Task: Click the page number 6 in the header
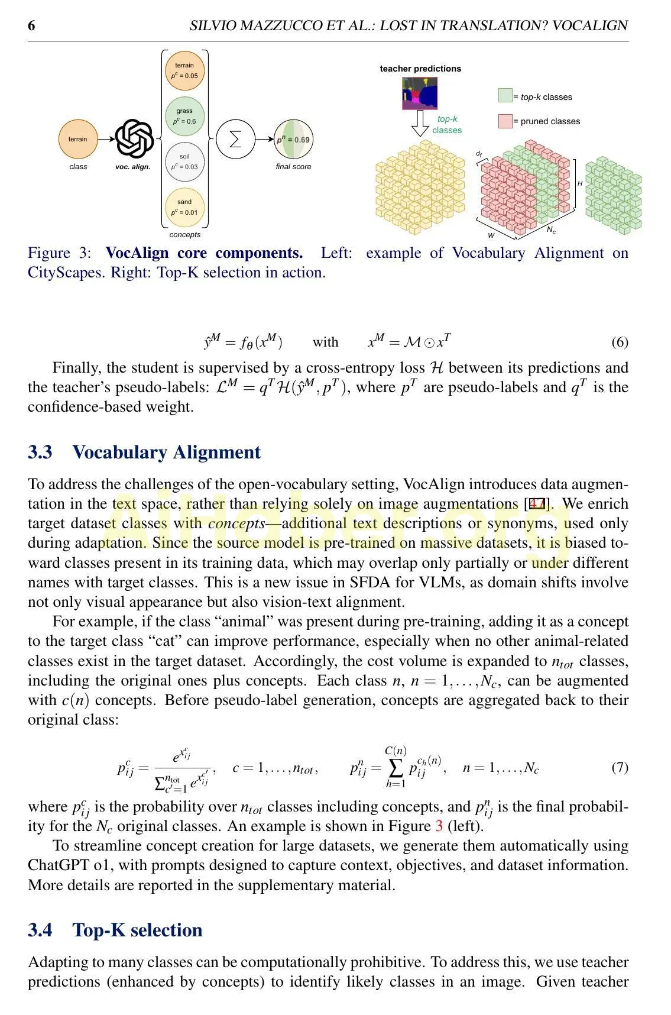[x=32, y=25]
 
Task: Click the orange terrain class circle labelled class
[x=77, y=140]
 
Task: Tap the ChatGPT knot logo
[x=134, y=140]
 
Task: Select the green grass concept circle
[x=184, y=116]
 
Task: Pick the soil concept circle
[x=184, y=161]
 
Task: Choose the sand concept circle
[x=184, y=207]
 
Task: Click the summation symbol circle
[x=235, y=140]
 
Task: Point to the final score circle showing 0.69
[x=293, y=140]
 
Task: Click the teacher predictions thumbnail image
[x=420, y=92]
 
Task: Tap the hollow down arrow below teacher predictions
[x=420, y=123]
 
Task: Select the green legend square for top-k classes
[x=505, y=96]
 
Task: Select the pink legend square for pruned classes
[x=505, y=121]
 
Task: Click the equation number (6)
[x=619, y=342]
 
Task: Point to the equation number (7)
[x=619, y=768]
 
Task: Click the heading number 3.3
[x=40, y=452]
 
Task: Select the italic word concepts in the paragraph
[x=236, y=524]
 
